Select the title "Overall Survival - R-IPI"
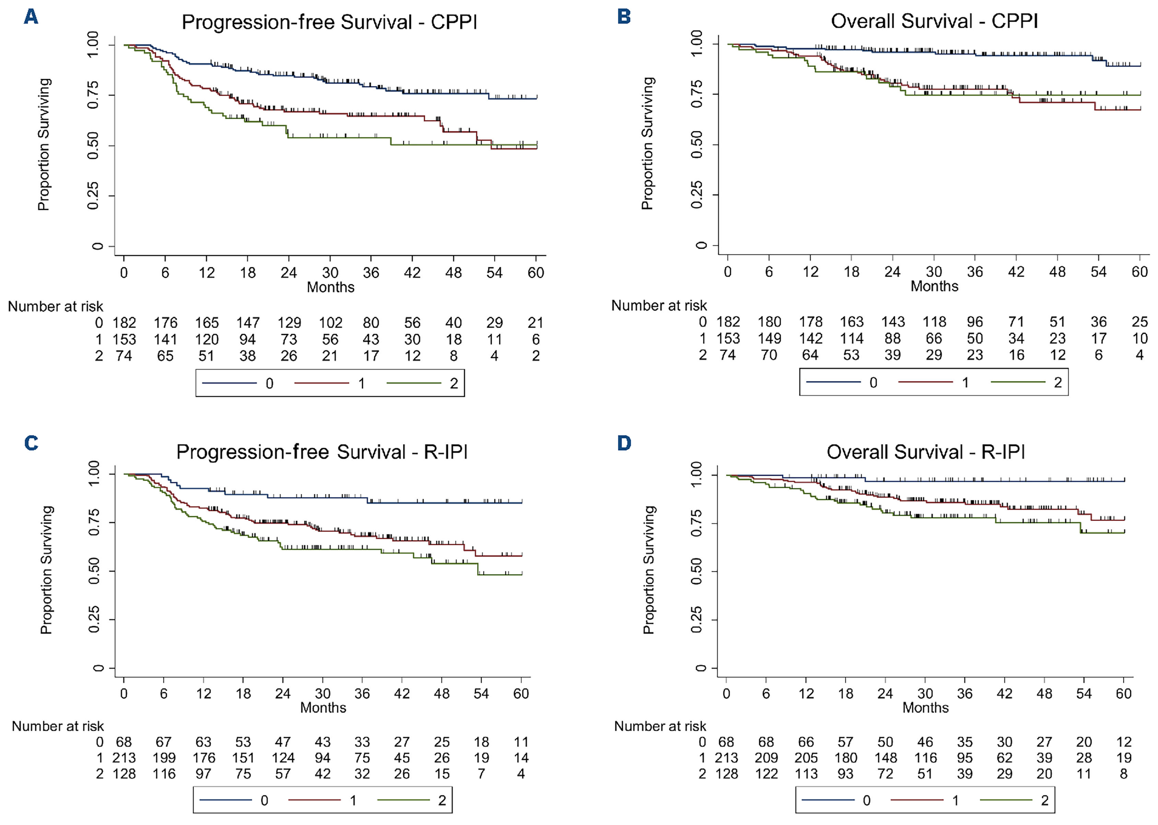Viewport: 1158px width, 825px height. coord(925,452)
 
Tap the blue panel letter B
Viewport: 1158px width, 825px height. coord(624,17)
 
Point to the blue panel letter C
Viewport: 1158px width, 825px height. coord(31,443)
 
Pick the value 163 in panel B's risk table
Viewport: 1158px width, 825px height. coord(852,322)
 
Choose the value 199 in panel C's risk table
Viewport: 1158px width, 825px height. coord(164,758)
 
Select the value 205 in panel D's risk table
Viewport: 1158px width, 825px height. coord(806,758)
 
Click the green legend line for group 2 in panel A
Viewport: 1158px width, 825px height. coord(414,383)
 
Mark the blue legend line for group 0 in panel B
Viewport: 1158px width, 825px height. coord(833,382)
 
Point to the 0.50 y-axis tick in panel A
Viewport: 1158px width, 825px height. coord(93,146)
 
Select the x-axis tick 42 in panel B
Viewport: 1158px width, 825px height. coord(1016,272)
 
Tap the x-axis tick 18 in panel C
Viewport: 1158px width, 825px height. coord(243,693)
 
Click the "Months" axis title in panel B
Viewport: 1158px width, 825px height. coord(934,286)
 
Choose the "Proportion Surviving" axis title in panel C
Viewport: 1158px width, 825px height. coord(46,570)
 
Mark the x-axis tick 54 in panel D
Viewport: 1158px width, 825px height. coord(1084,693)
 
